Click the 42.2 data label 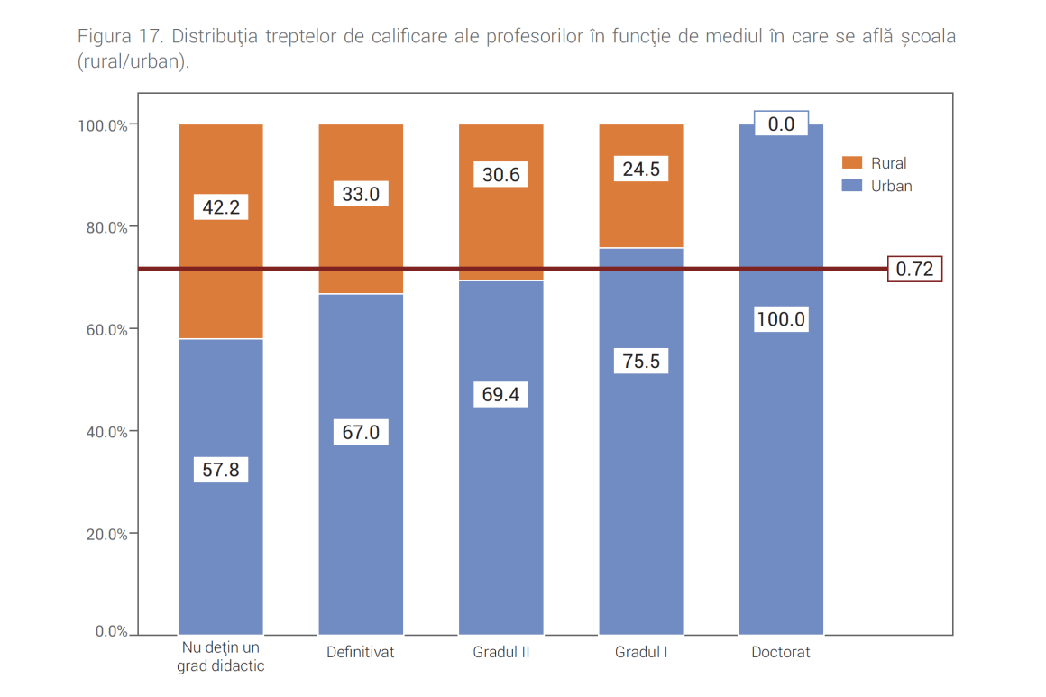[x=221, y=207]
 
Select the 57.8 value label [x=221, y=470]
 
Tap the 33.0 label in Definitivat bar [x=361, y=194]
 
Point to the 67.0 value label [x=361, y=432]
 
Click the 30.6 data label [x=501, y=174]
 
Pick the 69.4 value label [x=501, y=395]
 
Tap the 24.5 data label [x=641, y=169]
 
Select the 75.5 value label [x=641, y=362]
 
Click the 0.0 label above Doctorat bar [x=781, y=124]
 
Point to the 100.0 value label [x=781, y=319]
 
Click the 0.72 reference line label [x=914, y=269]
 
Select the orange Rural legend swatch [x=852, y=163]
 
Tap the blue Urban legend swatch [x=852, y=186]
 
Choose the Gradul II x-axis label [x=501, y=652]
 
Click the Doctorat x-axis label [x=781, y=652]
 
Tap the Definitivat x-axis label [x=361, y=652]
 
